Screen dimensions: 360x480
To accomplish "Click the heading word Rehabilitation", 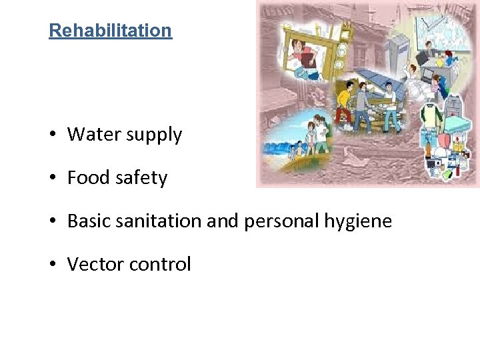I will click(x=110, y=31).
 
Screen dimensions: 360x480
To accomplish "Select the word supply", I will click(x=155, y=135).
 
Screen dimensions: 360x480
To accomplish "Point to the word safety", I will click(x=141, y=179).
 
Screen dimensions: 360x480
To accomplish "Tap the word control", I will click(x=161, y=265).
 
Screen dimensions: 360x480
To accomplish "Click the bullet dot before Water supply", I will click(x=53, y=135).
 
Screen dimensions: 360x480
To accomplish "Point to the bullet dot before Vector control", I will click(x=53, y=265).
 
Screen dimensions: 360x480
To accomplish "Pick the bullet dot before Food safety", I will click(x=53, y=179).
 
